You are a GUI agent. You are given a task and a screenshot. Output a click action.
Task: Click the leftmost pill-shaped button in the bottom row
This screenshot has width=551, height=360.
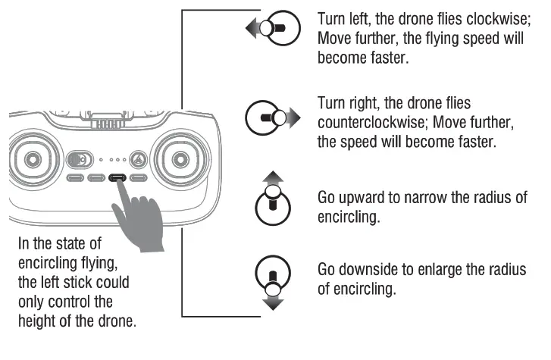[74, 179]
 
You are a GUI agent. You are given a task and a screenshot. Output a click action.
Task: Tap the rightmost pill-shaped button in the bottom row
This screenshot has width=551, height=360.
[138, 179]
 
